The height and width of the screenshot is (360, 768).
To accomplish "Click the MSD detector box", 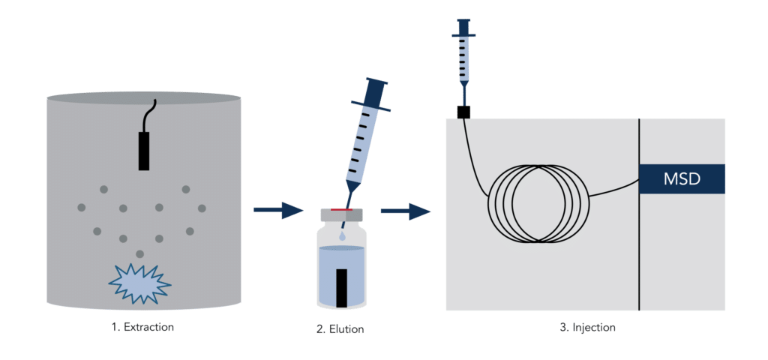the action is point(682,178).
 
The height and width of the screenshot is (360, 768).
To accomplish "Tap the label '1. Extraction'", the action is point(142,327).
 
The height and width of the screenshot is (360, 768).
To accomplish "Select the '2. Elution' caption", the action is point(340,328).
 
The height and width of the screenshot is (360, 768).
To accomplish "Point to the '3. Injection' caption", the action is point(587,327).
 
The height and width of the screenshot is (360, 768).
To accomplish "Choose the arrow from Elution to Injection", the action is point(406,211).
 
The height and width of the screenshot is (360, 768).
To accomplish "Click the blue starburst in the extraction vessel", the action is point(140,283).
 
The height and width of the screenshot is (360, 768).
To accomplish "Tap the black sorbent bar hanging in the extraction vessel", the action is point(143,150).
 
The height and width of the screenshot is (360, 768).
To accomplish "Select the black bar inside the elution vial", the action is point(342,288).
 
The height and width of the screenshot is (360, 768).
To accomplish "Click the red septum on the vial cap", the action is point(341,210).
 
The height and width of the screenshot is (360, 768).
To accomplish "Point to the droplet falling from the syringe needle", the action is point(341,236).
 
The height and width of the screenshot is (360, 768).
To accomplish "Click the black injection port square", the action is point(463,112).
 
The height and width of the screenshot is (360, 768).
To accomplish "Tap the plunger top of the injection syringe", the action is point(463,21).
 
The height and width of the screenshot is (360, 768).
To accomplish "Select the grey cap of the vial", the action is point(341,214).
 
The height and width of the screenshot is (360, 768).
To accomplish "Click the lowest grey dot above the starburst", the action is point(140,253).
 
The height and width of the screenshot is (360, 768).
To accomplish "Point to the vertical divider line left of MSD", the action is point(639,214).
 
